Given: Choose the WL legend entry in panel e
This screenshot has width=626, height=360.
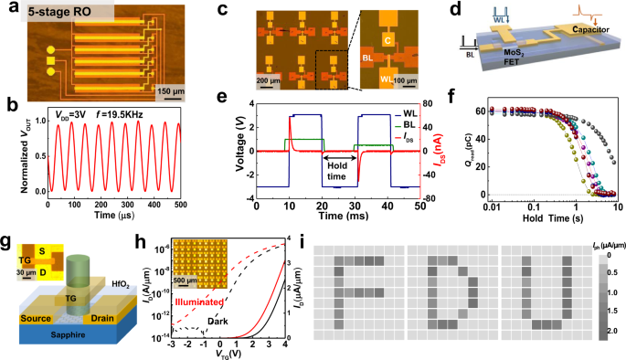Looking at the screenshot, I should [401, 114].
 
